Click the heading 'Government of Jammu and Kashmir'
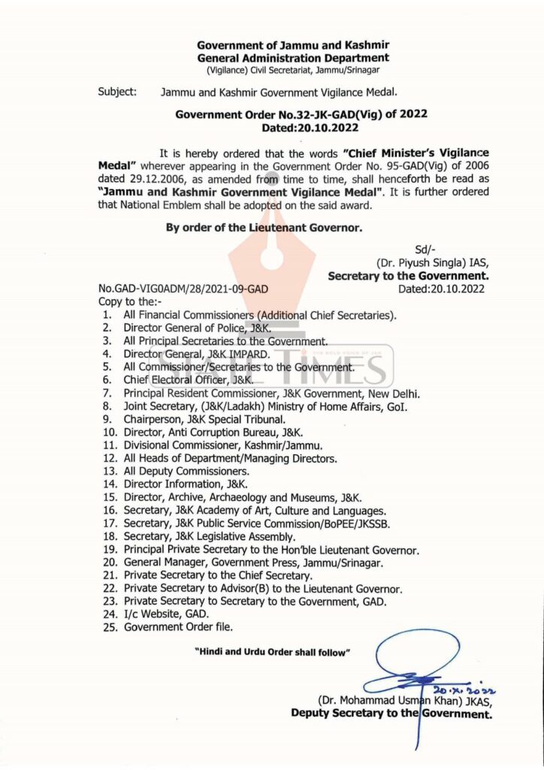point(293,45)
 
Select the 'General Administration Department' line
point(293,57)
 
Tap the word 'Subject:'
point(117,92)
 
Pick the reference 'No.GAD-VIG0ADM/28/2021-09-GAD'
point(183,289)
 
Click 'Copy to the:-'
point(128,301)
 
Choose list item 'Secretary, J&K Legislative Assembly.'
point(210,536)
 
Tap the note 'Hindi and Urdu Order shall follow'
point(273,652)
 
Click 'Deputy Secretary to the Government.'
point(391,714)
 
